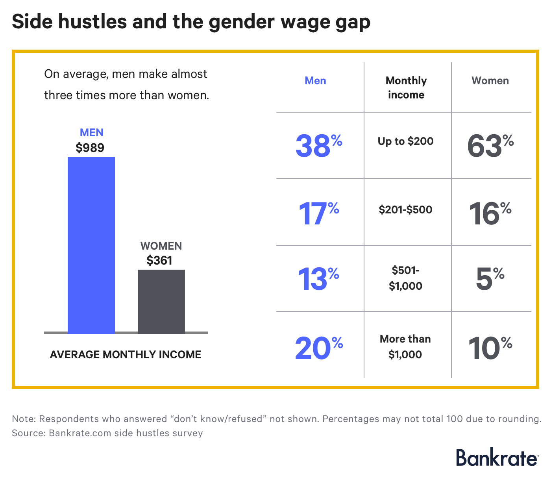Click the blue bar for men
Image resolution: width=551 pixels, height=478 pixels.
click(91, 245)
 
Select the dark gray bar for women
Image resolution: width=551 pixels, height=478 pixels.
click(161, 301)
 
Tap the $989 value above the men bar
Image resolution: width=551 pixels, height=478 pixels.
click(90, 148)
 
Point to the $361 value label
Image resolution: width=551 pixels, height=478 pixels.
click(159, 260)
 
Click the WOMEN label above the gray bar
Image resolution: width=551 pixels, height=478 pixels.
click(161, 246)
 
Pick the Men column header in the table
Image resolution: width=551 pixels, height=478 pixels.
click(316, 81)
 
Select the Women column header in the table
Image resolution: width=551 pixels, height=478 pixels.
click(490, 81)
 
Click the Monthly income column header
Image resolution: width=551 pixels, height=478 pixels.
click(406, 87)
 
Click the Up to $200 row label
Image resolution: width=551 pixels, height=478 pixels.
click(406, 141)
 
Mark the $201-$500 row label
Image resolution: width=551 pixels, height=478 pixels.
click(406, 209)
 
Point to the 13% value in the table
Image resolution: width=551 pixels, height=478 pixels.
click(318, 279)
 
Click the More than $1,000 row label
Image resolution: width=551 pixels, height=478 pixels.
click(405, 346)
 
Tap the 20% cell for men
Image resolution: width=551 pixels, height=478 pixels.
click(319, 348)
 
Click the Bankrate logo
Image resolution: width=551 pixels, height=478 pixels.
click(497, 458)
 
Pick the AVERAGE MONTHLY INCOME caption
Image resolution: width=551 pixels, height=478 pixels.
click(126, 354)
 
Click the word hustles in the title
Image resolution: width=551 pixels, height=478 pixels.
click(92, 22)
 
